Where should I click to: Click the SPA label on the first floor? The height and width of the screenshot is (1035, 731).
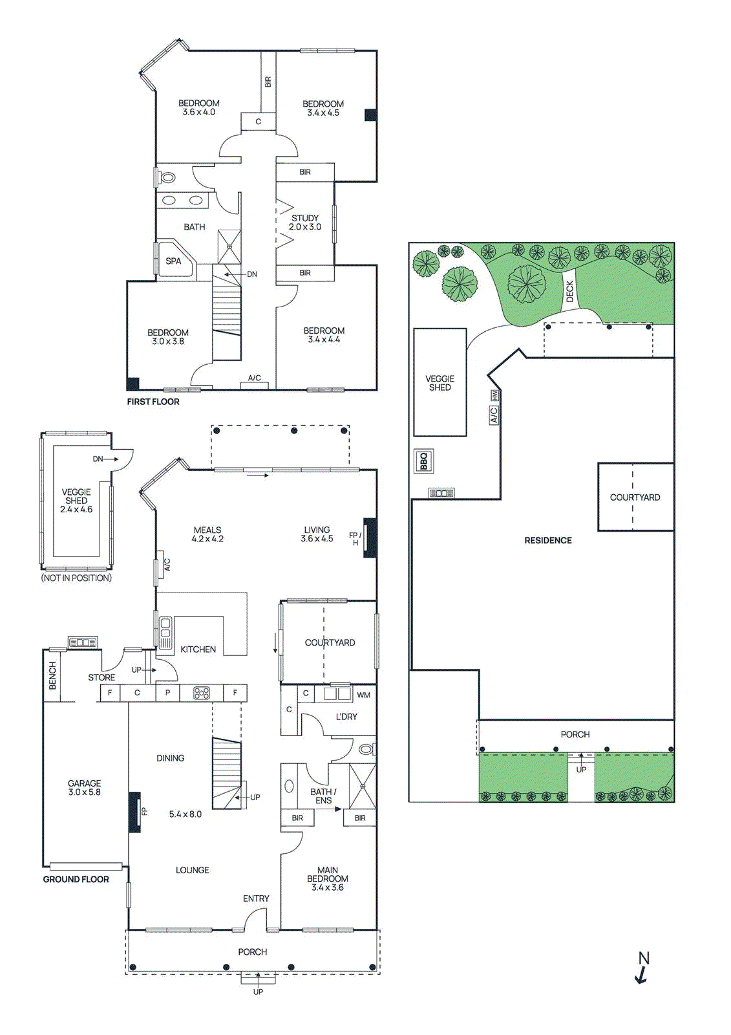(x=173, y=261)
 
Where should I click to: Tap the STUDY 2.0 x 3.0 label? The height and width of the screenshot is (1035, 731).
(x=305, y=223)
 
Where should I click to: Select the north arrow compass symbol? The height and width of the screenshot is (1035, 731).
(x=642, y=967)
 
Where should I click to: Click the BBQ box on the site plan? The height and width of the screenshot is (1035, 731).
(x=424, y=461)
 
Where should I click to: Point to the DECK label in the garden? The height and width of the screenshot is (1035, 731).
(x=569, y=291)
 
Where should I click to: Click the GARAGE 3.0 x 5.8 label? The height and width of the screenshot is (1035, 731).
(x=84, y=787)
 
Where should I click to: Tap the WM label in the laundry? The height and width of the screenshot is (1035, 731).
(x=363, y=695)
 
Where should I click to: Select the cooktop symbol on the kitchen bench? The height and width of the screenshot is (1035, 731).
(x=202, y=693)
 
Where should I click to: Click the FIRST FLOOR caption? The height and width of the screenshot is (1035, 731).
(x=153, y=402)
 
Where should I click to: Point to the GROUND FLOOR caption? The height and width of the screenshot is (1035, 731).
(x=76, y=879)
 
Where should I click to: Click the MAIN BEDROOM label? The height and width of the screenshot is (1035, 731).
(x=328, y=878)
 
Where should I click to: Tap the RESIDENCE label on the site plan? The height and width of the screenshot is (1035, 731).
(x=548, y=540)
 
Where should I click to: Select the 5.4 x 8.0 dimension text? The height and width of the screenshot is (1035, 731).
(x=185, y=814)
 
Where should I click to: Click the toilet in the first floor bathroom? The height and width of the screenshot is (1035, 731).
(x=167, y=177)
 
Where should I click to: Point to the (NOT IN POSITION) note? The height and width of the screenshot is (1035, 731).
(x=76, y=578)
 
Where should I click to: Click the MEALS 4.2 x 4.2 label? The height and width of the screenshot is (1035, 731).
(x=207, y=534)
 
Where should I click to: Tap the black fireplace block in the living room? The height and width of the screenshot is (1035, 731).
(x=370, y=537)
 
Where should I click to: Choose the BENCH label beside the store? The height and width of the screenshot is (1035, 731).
(x=52, y=675)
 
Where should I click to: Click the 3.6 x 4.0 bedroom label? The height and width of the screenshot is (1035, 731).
(x=199, y=107)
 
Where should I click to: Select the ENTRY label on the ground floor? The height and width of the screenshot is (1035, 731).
(x=256, y=899)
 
